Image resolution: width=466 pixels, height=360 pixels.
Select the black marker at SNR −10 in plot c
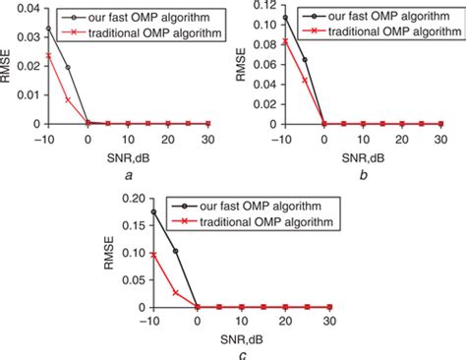pos(153,211)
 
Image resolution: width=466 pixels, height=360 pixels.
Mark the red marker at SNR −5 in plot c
pos(175,292)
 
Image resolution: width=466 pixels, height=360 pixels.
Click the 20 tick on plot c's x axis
pos(282,321)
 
